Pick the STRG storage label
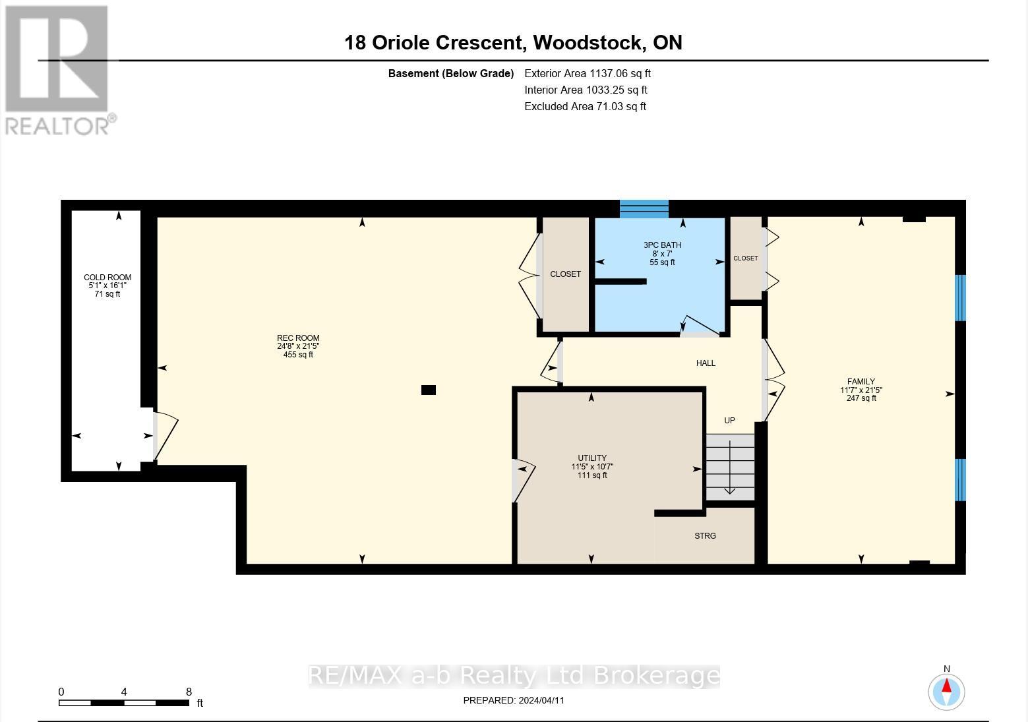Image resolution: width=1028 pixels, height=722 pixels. tap(705, 536)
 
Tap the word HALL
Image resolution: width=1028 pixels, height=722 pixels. tap(706, 363)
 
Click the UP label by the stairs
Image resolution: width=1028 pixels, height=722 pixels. tap(729, 421)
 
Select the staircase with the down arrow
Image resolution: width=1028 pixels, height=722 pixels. tap(730, 467)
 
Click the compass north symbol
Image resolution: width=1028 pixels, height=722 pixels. tap(946, 692)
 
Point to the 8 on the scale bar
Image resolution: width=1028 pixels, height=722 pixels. tap(189, 692)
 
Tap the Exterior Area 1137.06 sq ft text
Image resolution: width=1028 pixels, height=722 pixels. tap(587, 74)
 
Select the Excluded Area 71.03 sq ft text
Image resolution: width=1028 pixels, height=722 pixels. tap(585, 107)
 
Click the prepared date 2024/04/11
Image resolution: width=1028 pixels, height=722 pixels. tap(514, 700)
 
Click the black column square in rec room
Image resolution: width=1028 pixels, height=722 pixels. tap(429, 390)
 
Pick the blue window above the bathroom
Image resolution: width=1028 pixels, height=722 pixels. tap(644, 208)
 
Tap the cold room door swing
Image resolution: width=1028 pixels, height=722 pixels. tap(166, 436)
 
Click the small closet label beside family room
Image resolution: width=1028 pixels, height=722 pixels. tap(745, 258)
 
